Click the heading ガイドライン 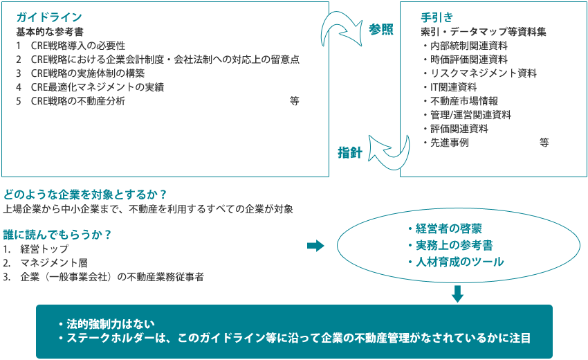[x=48, y=17]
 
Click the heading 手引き [x=437, y=17]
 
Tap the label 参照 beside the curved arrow [x=381, y=29]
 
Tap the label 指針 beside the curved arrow [x=350, y=153]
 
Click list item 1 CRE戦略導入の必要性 [x=71, y=46]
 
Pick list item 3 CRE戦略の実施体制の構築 [x=80, y=73]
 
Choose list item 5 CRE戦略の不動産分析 [x=71, y=101]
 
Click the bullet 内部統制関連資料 [x=466, y=46]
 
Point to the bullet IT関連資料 [x=450, y=87]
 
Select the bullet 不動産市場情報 [x=461, y=101]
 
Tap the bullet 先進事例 [x=446, y=143]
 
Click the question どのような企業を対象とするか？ [x=85, y=195]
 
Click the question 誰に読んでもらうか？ [x=57, y=235]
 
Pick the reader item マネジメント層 [x=45, y=263]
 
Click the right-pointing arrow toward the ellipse [x=315, y=246]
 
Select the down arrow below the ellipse [x=457, y=294]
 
